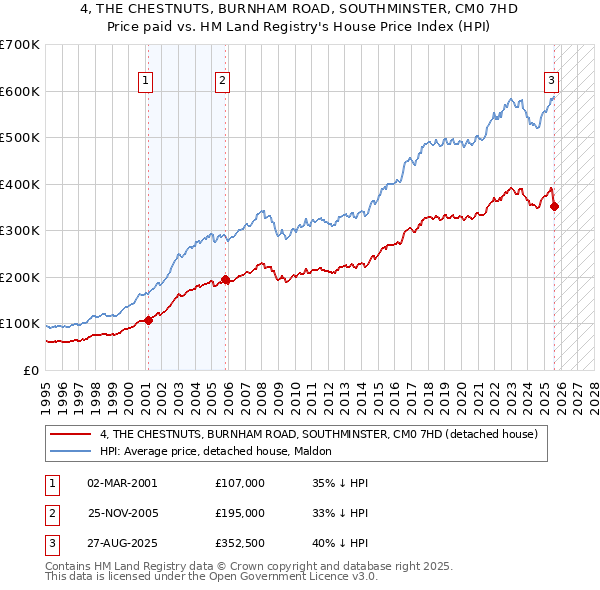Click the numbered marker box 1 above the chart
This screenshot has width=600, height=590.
pyautogui.click(x=146, y=81)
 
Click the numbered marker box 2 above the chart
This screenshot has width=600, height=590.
pyautogui.click(x=222, y=81)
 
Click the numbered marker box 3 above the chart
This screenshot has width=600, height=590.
pyautogui.click(x=551, y=81)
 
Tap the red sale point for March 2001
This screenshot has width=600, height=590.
pyautogui.click(x=148, y=320)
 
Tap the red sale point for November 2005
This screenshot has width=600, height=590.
pyautogui.click(x=226, y=280)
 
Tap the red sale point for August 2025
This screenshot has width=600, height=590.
pyautogui.click(x=555, y=207)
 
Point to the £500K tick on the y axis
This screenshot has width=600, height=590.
pyautogui.click(x=20, y=137)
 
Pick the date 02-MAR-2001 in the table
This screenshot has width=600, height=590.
pyautogui.click(x=122, y=483)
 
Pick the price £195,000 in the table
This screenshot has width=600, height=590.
pyautogui.click(x=240, y=513)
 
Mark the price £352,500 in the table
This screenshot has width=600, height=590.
pyautogui.click(x=240, y=545)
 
